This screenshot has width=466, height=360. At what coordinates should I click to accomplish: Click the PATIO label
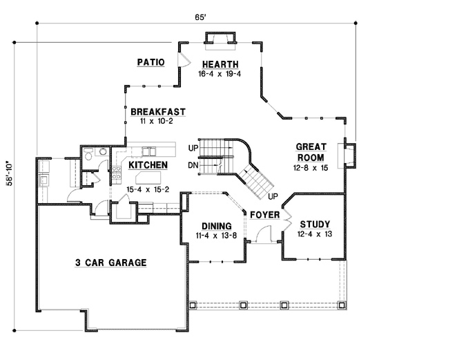(150, 61)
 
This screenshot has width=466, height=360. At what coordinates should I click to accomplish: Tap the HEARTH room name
(220, 64)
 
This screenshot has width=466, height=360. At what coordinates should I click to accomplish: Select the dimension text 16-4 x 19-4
(220, 73)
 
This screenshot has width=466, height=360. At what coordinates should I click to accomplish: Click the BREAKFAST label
(158, 111)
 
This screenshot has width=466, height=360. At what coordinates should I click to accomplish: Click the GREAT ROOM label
(311, 152)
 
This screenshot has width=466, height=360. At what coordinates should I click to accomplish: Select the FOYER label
(264, 214)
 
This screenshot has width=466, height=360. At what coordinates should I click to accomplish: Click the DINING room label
(216, 226)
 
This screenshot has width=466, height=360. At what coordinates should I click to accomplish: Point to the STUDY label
(315, 225)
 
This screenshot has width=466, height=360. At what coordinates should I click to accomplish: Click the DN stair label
(194, 165)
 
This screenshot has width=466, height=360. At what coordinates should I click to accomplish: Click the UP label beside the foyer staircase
(282, 196)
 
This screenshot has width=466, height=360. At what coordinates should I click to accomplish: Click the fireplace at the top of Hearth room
(222, 37)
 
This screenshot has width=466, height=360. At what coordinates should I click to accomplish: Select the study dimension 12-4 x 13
(315, 234)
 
